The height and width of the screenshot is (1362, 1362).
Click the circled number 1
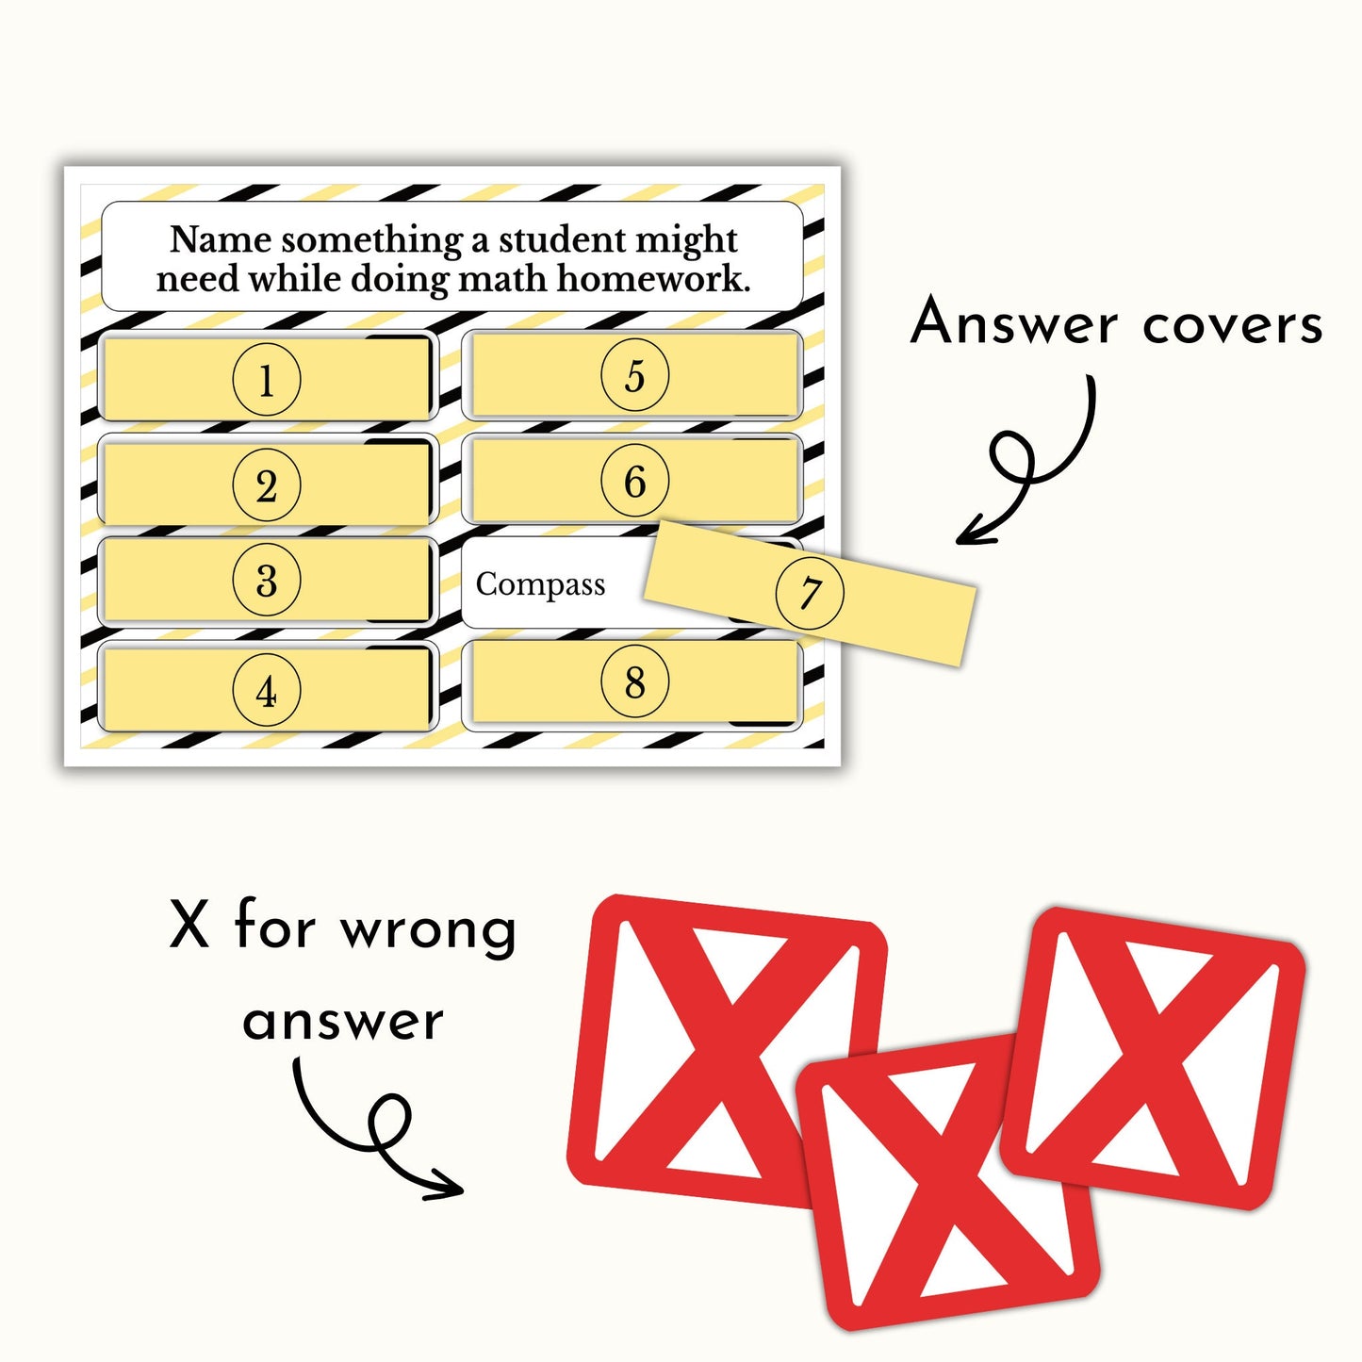click(x=267, y=380)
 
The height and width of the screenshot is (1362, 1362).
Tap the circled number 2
click(x=267, y=485)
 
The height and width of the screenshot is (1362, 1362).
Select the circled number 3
click(x=267, y=581)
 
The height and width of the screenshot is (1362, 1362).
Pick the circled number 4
click(x=267, y=690)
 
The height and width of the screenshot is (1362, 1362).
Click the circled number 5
click(x=635, y=375)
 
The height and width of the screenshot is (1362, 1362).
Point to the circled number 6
click(x=635, y=481)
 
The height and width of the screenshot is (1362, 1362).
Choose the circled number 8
click(x=635, y=681)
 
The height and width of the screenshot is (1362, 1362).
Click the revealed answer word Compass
click(x=540, y=585)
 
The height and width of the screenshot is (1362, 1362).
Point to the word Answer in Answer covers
click(x=1014, y=322)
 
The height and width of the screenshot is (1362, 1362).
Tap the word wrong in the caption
click(x=428, y=930)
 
